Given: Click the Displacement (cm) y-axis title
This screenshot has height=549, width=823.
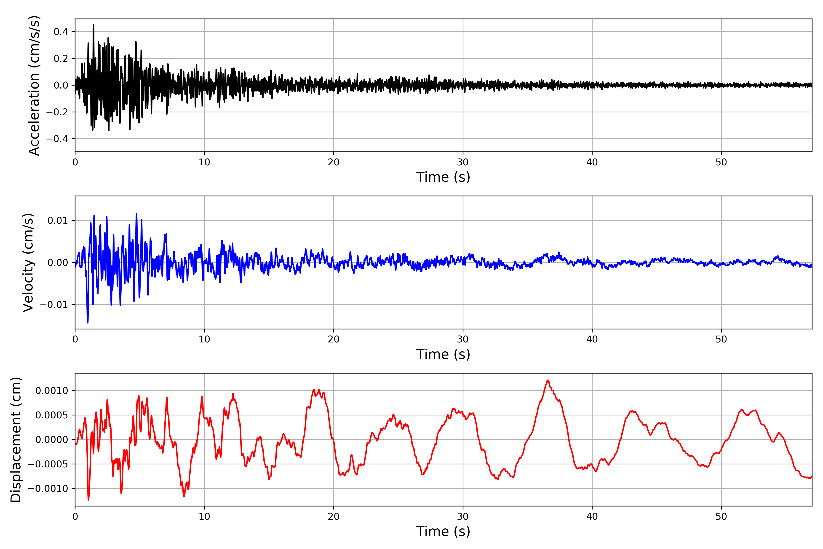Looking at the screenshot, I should (16, 439).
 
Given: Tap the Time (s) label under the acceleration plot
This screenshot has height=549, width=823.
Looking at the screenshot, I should (443, 177).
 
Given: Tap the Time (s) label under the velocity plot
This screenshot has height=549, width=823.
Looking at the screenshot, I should (443, 354).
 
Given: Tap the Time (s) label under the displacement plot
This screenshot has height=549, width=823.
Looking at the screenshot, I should (443, 531).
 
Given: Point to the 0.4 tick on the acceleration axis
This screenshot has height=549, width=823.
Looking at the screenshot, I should (61, 32).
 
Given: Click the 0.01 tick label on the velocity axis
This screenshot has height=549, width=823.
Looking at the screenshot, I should (58, 221).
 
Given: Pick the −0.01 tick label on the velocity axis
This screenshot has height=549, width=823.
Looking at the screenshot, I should (54, 305).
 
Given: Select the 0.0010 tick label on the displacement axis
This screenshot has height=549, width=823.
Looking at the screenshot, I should (52, 391).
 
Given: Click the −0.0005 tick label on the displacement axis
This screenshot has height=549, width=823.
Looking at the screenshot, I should (48, 464).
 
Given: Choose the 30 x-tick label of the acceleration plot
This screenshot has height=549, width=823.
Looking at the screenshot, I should (462, 162).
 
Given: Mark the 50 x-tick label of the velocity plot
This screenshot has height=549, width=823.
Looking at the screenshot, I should (721, 339).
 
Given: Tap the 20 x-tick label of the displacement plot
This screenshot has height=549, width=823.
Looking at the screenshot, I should (334, 517).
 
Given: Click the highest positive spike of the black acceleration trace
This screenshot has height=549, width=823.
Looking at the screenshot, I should (94, 25).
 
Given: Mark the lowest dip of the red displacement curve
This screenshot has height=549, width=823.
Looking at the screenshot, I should (88, 500).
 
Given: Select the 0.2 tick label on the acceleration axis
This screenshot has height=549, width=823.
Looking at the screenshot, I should (61, 59).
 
